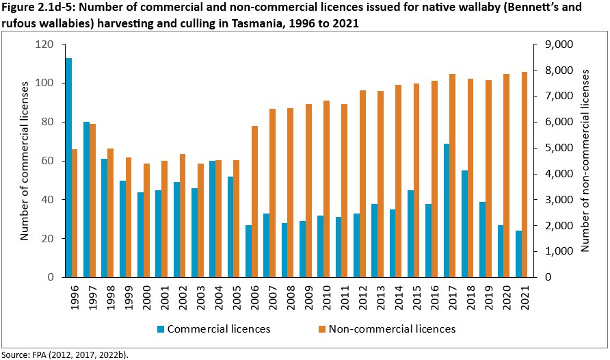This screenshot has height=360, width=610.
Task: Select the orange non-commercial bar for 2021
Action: pyautogui.click(x=525, y=175)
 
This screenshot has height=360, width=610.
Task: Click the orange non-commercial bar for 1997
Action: pyautogui.click(x=93, y=200)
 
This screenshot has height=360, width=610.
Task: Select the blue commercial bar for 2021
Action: pyautogui.click(x=518, y=254)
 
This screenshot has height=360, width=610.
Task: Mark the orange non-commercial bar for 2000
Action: pyautogui.click(x=147, y=220)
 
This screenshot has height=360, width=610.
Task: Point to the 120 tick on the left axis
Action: pyautogui.click(x=45, y=44)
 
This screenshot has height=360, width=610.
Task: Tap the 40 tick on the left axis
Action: pyautogui.click(x=48, y=200)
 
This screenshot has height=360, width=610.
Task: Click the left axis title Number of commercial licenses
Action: pyautogui.click(x=25, y=160)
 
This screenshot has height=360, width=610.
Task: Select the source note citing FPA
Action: pyautogui.click(x=64, y=355)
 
